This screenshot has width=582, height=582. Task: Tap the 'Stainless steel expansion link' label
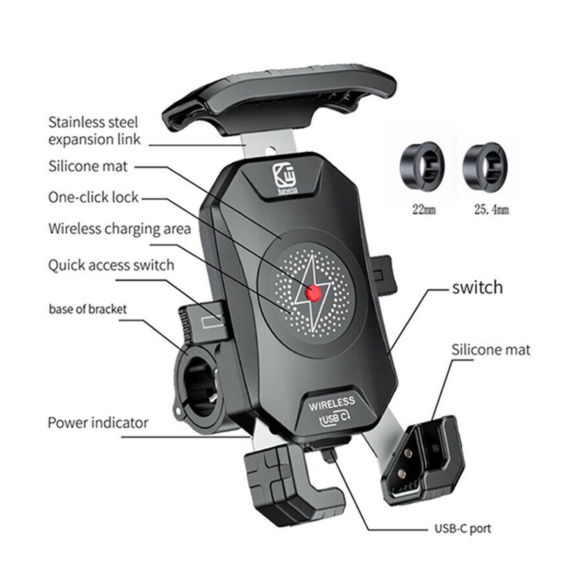click(x=93, y=130)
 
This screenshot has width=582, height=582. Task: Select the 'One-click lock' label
click(x=93, y=197)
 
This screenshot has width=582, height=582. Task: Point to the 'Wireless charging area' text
click(x=119, y=228)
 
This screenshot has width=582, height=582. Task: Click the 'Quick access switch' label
click(x=111, y=265)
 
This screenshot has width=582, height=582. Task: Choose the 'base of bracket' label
click(x=87, y=309)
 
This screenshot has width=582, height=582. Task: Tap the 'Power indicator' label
click(x=97, y=422)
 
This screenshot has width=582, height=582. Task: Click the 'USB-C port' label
click(x=462, y=528)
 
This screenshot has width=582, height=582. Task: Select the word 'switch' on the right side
click(x=477, y=287)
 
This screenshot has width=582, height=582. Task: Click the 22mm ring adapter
click(x=421, y=166)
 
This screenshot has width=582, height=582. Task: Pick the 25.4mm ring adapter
click(x=484, y=166)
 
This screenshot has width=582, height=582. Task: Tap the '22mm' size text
click(x=424, y=210)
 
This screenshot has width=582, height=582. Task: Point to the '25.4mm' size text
click(x=491, y=210)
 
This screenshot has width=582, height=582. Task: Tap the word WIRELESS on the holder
click(x=332, y=403)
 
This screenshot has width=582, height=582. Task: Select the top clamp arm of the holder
click(x=279, y=99)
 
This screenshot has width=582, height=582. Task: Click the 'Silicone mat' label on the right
click(x=490, y=350)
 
